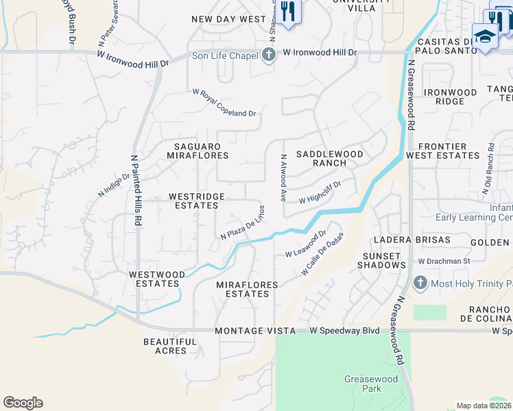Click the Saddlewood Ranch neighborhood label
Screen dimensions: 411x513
point(329,158)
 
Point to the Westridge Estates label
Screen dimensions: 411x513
point(197,201)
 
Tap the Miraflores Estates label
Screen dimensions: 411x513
point(247,289)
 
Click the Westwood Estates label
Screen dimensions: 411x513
point(157,279)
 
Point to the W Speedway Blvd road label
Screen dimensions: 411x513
point(344,331)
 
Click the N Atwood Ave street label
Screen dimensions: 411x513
point(283,177)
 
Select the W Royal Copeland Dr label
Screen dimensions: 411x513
point(224,103)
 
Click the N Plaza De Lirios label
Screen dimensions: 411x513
point(242,223)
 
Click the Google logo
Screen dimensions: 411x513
point(23,403)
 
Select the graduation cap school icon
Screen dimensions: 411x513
point(485,36)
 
